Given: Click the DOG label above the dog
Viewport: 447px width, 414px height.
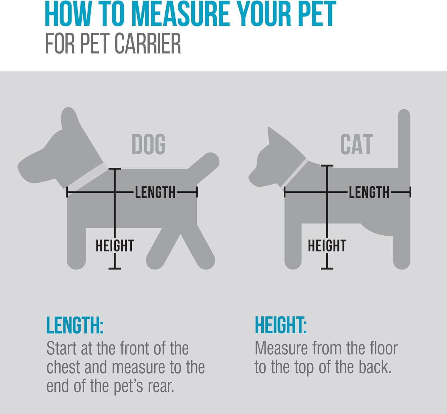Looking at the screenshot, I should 148,144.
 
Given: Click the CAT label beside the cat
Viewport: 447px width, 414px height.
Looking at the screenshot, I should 356,144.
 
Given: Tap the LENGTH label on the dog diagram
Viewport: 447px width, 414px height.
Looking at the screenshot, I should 155,192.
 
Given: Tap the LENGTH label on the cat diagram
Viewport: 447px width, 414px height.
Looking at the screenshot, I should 369,192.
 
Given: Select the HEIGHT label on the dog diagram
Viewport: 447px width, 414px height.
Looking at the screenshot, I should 114,246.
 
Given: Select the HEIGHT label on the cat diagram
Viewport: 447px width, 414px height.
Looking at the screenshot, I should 327,246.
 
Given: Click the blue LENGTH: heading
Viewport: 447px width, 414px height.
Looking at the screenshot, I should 74,325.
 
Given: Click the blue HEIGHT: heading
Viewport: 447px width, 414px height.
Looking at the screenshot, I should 280,325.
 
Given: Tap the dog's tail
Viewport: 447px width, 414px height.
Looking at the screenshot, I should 206,165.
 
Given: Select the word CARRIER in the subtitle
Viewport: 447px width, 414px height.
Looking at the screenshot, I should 148,44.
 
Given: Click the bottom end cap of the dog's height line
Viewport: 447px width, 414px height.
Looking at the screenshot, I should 115,269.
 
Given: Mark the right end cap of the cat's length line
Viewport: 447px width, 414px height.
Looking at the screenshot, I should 410,192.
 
